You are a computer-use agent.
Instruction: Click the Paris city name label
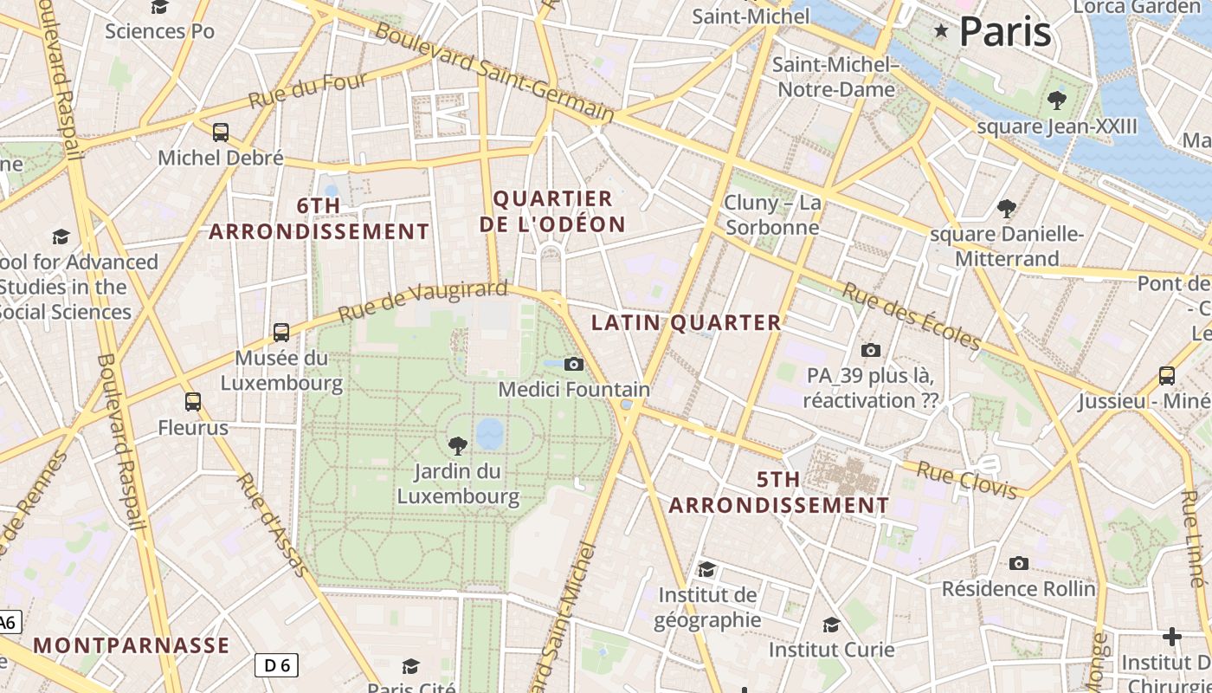[1005, 32]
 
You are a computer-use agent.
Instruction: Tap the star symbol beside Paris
[941, 31]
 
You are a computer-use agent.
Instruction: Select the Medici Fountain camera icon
[574, 365]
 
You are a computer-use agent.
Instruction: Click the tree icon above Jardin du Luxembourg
[457, 446]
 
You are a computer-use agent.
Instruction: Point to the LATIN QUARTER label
[686, 323]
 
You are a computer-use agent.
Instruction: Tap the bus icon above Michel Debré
[221, 133]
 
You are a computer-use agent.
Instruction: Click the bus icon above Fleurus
[193, 402]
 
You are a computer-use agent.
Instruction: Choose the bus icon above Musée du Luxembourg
[281, 333]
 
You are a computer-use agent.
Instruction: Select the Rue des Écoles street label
[912, 316]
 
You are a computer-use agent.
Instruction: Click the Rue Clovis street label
[967, 481]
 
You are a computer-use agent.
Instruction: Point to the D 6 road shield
[276, 665]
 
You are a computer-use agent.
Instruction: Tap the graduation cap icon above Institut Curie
[831, 625]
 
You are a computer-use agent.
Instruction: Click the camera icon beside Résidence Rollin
[1019, 564]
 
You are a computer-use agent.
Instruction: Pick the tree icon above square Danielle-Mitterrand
[1006, 209]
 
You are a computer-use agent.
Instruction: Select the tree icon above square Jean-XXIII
[1056, 100]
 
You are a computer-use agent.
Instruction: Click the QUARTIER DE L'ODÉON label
[552, 211]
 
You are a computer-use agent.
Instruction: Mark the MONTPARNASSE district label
[132, 645]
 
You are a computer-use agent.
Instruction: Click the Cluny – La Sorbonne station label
[772, 215]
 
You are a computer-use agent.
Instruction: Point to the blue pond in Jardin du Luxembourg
[490, 433]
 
